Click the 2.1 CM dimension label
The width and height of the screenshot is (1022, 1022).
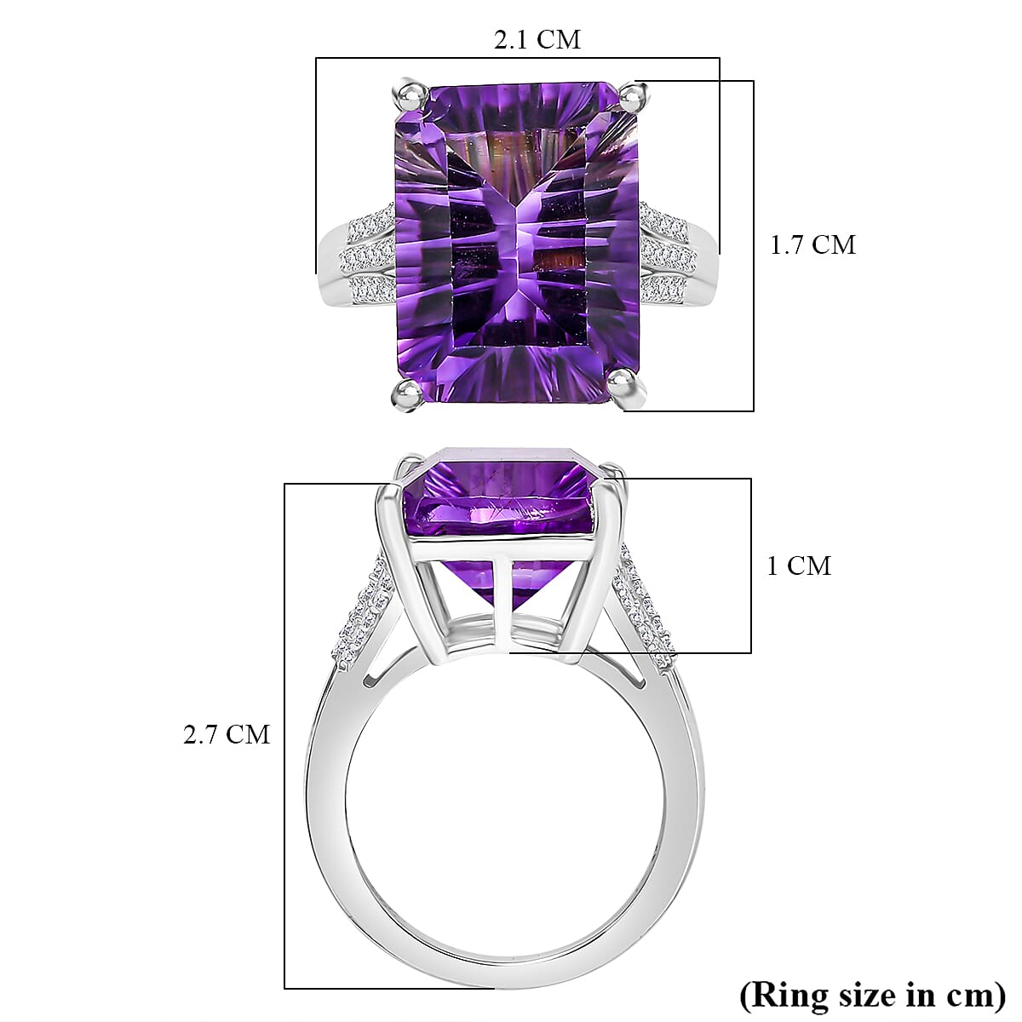537,39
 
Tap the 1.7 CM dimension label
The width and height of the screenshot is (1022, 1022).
812,245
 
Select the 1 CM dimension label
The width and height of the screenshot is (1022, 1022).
798,566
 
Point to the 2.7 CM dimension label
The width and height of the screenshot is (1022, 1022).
227,734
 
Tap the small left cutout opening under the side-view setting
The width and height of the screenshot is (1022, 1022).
371,677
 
